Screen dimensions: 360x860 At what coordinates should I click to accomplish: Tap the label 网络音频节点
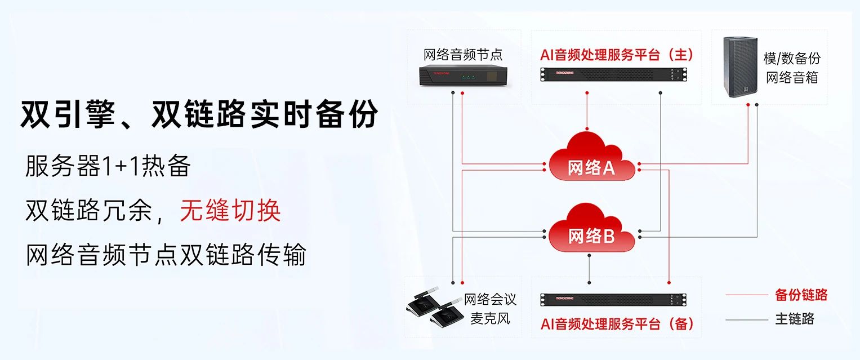point(463,55)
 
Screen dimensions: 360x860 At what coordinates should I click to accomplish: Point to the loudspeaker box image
point(740,67)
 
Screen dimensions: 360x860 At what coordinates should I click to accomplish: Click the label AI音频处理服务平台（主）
point(616,55)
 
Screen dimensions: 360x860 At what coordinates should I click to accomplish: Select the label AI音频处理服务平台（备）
point(617,324)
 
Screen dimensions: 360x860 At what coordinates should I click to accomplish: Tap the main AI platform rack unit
point(614,73)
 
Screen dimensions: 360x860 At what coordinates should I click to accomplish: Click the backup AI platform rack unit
point(614,300)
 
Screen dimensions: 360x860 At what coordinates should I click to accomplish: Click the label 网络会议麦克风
point(489,308)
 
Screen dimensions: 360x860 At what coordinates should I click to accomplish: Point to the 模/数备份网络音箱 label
point(792,68)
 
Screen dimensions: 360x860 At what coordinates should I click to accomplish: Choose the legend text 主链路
point(795,319)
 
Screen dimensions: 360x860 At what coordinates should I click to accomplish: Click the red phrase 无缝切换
point(230,211)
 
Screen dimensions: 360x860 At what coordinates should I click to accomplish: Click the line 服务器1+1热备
point(108,166)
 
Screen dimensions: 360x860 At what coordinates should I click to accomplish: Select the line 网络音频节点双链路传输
point(166,255)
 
